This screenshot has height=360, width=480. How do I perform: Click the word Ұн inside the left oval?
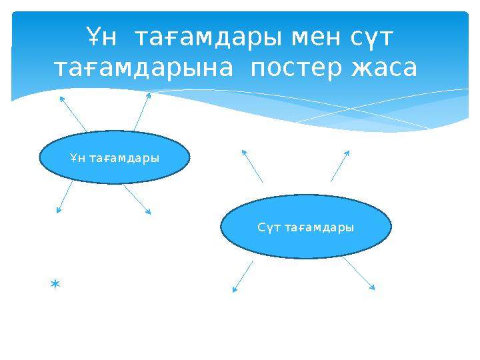coord(77,158)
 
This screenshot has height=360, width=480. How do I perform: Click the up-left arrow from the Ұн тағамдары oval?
coord(73,113)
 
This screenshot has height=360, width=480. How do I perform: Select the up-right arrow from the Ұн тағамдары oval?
coord(142,111)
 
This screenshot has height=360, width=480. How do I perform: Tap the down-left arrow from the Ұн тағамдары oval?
coord(65,198)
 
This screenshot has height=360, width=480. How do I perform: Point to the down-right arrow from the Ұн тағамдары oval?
coord(137,199)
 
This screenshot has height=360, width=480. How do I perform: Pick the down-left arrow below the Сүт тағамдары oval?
coord(243,276)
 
